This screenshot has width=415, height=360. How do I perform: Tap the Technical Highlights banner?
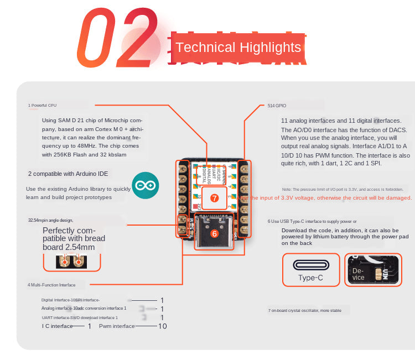click(238, 48)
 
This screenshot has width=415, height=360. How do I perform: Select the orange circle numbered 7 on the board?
click(215, 197)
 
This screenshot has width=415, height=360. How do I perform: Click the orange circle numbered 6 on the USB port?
click(214, 233)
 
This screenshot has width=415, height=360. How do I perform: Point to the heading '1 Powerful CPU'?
click(43, 105)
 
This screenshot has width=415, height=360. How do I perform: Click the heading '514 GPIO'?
click(277, 105)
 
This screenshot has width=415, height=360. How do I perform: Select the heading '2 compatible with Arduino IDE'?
click(68, 174)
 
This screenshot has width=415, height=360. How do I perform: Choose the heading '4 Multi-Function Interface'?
click(51, 285)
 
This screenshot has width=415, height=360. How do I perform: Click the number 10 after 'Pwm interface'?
click(163, 326)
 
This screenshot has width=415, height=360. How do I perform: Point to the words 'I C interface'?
click(58, 326)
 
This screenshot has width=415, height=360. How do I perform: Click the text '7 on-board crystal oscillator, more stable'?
click(304, 310)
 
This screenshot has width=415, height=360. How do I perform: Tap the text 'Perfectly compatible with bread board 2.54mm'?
click(73, 239)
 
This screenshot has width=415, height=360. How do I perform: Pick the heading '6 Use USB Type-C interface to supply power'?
click(312, 221)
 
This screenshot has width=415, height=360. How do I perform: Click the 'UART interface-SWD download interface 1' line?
click(80, 317)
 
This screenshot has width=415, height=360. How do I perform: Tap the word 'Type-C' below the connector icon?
click(310, 278)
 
